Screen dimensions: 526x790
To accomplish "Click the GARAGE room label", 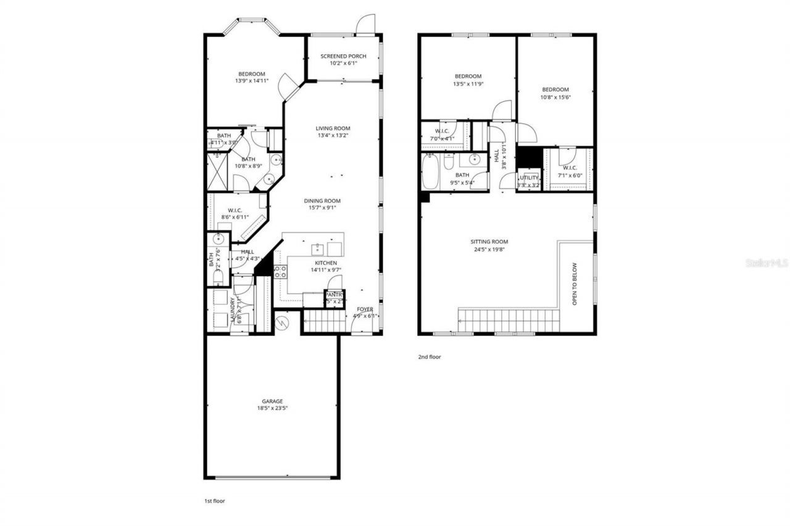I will pyautogui.click(x=272, y=401).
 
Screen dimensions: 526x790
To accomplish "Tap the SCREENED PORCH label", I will pyautogui.click(x=343, y=56).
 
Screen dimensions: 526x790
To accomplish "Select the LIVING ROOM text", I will pyautogui.click(x=333, y=128).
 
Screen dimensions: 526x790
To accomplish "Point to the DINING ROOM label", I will pyautogui.click(x=322, y=200).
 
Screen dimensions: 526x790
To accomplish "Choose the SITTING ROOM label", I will pyautogui.click(x=492, y=242).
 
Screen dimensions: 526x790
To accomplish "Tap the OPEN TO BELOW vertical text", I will pyautogui.click(x=575, y=284).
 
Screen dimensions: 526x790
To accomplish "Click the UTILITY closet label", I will pyautogui.click(x=529, y=178).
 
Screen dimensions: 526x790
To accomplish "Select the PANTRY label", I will pyautogui.click(x=334, y=294).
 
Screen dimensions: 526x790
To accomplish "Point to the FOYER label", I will pyautogui.click(x=365, y=309).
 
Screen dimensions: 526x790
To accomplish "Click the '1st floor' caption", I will pyautogui.click(x=215, y=501).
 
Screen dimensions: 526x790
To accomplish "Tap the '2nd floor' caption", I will pyautogui.click(x=430, y=356).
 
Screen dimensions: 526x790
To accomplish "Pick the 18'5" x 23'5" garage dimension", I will pyautogui.click(x=272, y=408).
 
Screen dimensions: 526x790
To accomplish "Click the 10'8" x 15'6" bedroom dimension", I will pyautogui.click(x=555, y=97).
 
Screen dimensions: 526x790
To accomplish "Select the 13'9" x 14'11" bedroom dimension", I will pyautogui.click(x=251, y=81).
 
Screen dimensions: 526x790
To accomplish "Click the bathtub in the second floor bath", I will pyautogui.click(x=430, y=171).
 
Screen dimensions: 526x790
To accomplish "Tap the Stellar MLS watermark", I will pyautogui.click(x=767, y=263).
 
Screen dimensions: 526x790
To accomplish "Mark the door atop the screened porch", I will pyautogui.click(x=367, y=25).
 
